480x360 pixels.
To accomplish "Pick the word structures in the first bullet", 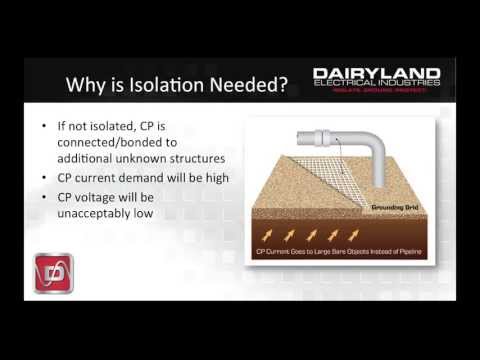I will point(210,160).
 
